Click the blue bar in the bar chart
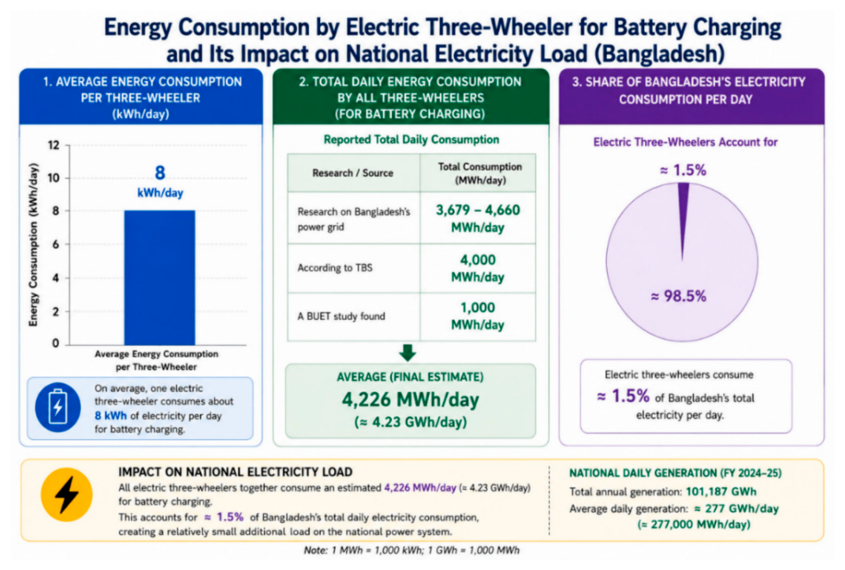[x=160, y=278]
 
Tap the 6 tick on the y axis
[x=56, y=244]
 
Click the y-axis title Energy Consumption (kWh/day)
[x=34, y=245]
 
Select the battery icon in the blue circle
[x=58, y=407]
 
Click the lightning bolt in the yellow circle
[x=67, y=495]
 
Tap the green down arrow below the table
[x=408, y=353]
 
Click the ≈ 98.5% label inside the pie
[x=678, y=296]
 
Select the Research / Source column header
[x=353, y=173]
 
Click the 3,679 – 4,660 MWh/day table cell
[x=478, y=218]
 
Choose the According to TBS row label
[x=335, y=268]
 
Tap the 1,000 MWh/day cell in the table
[x=478, y=316]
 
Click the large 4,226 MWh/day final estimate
[x=410, y=400]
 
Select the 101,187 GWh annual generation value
[x=721, y=492]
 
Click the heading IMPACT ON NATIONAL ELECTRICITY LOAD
[x=235, y=472]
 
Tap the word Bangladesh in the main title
[x=659, y=54]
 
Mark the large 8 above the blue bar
[x=160, y=173]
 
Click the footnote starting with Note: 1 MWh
[x=411, y=550]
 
